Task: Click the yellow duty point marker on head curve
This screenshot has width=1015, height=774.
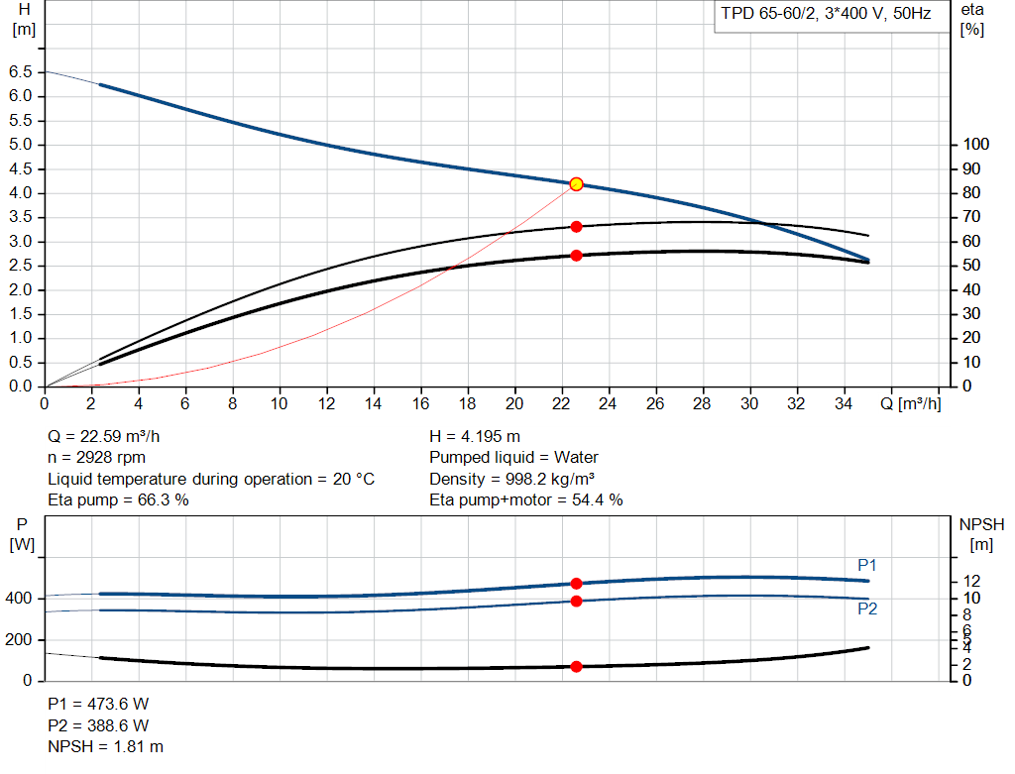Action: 576,184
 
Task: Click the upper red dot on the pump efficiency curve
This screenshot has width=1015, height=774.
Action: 576,227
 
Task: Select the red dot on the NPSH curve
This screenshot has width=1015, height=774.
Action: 576,666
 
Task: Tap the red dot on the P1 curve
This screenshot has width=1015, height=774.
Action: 576,584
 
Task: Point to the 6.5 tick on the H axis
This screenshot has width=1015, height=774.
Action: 19,72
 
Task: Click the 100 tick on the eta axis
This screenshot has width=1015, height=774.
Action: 975,145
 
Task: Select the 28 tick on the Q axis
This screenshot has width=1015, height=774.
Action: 702,403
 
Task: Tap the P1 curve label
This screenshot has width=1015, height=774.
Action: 867,565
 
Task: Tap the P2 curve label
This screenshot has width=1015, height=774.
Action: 867,608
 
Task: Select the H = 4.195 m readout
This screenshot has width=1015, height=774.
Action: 475,436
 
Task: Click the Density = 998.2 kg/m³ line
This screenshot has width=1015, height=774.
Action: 518,479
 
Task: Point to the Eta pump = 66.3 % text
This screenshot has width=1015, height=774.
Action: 118,500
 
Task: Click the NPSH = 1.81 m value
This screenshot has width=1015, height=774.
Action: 106,746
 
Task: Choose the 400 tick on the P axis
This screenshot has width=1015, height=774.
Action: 20,599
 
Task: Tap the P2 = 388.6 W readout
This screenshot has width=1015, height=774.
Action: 98,724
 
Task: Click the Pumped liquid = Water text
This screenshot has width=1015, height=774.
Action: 513,458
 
